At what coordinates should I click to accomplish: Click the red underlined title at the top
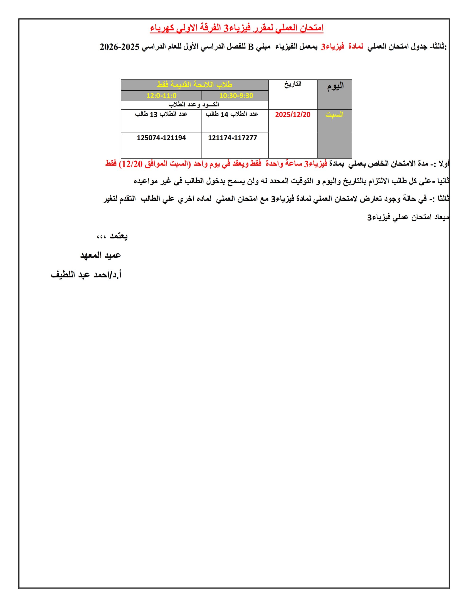pyautogui.click(x=236, y=28)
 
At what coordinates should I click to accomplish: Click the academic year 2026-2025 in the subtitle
pyautogui.click(x=119, y=47)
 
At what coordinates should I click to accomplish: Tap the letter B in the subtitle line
pyautogui.click(x=251, y=47)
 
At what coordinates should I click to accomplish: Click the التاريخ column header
pyautogui.click(x=292, y=84)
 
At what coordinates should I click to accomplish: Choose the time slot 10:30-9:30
pyautogui.click(x=236, y=96)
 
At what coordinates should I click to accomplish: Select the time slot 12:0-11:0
pyautogui.click(x=161, y=96)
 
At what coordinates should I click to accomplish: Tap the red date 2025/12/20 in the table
pyautogui.click(x=292, y=115)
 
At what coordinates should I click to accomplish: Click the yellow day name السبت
pyautogui.click(x=334, y=115)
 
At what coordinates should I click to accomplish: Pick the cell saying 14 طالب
pyautogui.click(x=232, y=114)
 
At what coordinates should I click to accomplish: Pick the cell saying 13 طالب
pyautogui.click(x=161, y=114)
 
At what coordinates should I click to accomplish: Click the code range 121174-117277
pyautogui.click(x=233, y=138)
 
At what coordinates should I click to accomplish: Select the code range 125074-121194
pyautogui.click(x=161, y=138)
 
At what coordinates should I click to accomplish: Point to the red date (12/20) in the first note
pyautogui.click(x=130, y=164)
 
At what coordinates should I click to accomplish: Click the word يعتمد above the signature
pyautogui.click(x=119, y=236)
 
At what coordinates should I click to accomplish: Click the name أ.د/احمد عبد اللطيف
pyautogui.click(x=86, y=275)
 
